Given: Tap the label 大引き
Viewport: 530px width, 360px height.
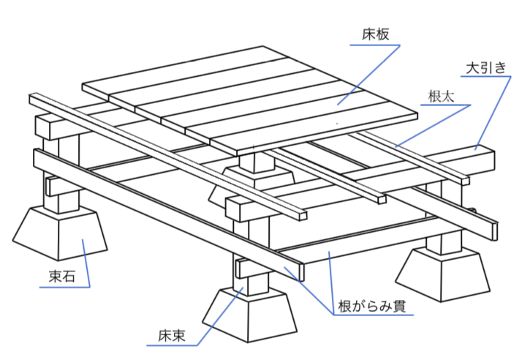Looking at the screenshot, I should point(485,68).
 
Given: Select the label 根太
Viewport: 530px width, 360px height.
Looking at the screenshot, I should point(441,96).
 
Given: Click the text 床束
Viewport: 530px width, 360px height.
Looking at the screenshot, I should point(172,337).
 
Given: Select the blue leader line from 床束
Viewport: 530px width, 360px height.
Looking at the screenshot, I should point(219,311).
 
